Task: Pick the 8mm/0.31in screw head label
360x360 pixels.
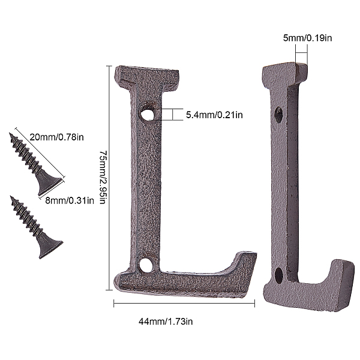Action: [x=70, y=200]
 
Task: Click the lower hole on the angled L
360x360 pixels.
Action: [x=279, y=275]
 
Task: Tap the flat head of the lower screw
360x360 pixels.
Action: [x=52, y=247]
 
